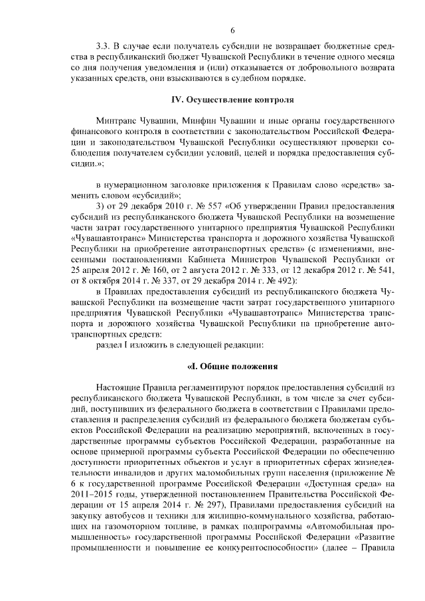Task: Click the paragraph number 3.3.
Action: point(104,47)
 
